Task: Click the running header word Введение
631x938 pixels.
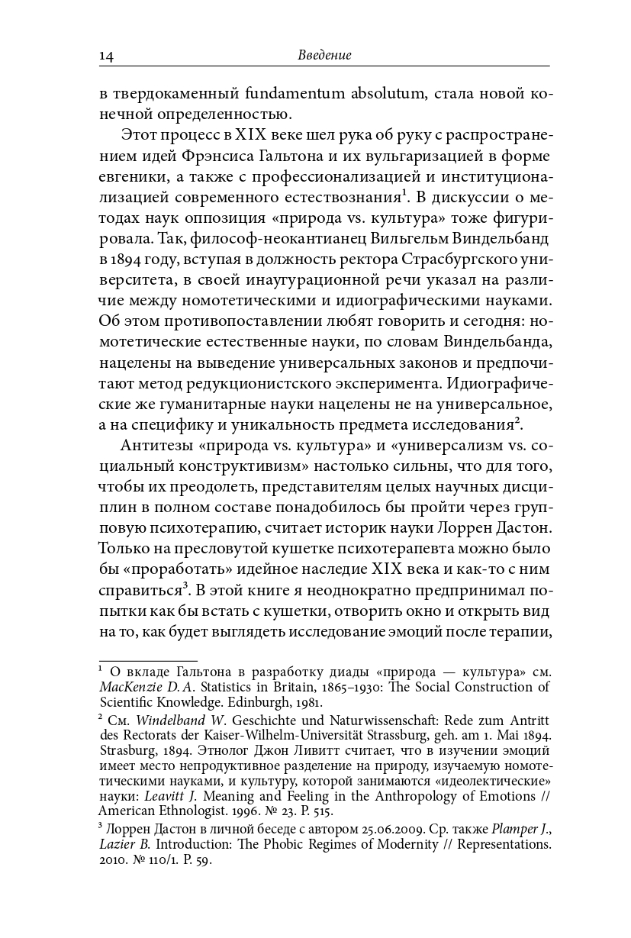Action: pyautogui.click(x=324, y=56)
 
